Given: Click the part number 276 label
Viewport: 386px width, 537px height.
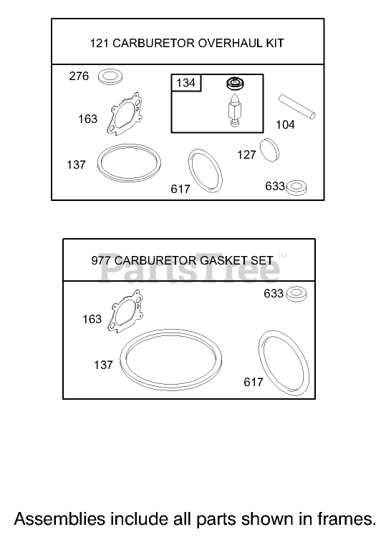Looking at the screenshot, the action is click(x=79, y=76).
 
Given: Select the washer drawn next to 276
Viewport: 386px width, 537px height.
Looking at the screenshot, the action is click(x=110, y=77).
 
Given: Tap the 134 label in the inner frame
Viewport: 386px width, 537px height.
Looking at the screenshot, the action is click(x=185, y=83).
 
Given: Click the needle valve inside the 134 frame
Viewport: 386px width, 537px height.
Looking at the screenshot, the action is click(x=234, y=109).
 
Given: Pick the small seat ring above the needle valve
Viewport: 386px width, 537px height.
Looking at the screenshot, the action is click(x=235, y=83).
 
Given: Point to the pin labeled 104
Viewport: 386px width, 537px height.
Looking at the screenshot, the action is click(x=296, y=107).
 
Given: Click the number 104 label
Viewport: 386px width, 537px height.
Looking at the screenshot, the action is click(x=286, y=124).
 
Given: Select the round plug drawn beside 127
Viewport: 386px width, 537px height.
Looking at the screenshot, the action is click(x=270, y=150).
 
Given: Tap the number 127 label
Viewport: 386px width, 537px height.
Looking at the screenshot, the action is click(x=246, y=154).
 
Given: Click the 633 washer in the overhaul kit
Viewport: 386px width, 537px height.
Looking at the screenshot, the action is click(x=296, y=187).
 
